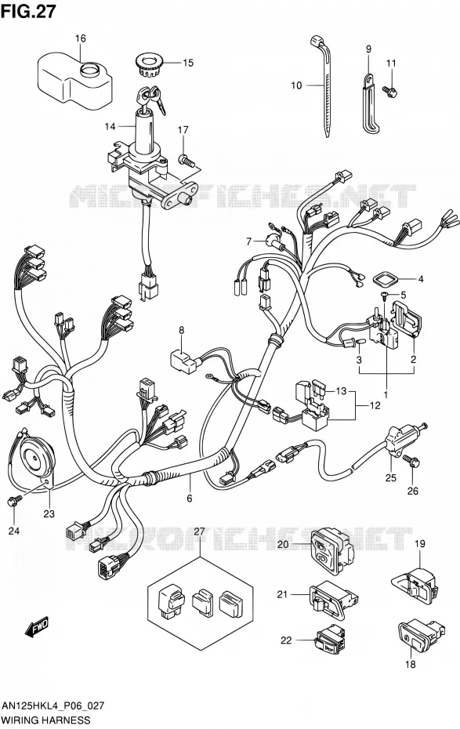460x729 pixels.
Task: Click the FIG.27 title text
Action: pyautogui.click(x=28, y=11)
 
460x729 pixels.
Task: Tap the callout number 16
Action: pyautogui.click(x=81, y=38)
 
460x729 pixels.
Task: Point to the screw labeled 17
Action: pyautogui.click(x=187, y=161)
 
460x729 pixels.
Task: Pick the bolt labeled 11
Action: pyautogui.click(x=390, y=91)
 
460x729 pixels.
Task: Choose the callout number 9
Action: pyautogui.click(x=368, y=49)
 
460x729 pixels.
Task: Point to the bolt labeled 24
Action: pyautogui.click(x=15, y=500)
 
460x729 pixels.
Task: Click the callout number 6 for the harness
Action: pyautogui.click(x=189, y=499)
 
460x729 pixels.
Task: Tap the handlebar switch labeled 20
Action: pyautogui.click(x=331, y=550)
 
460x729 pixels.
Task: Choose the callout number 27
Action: pyautogui.click(x=199, y=531)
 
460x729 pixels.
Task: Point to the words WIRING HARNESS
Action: pyautogui.click(x=46, y=720)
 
